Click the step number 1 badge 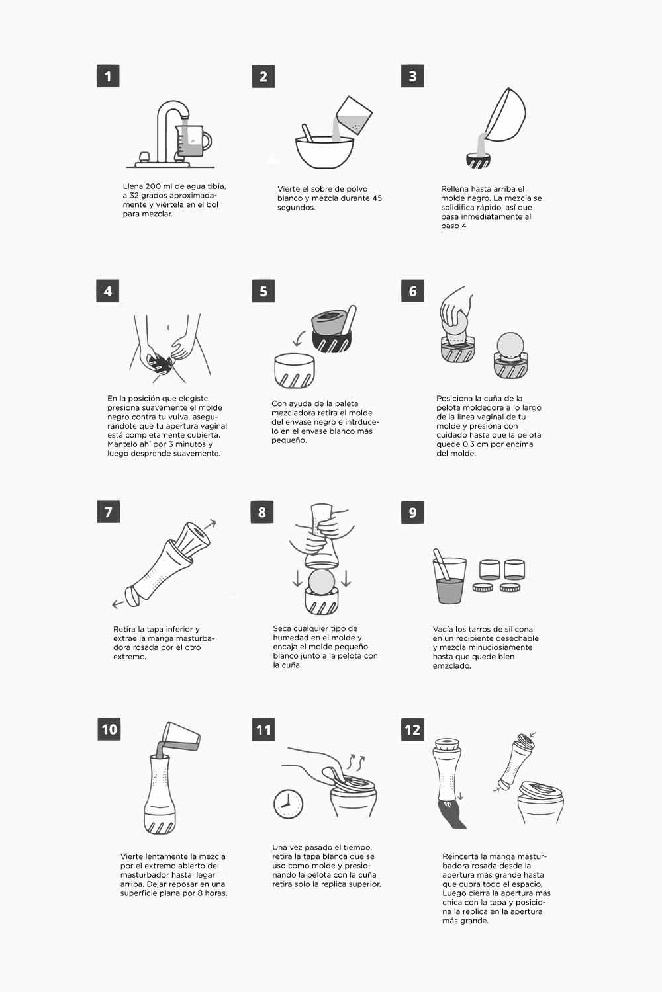click(x=108, y=76)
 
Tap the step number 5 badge click(x=263, y=291)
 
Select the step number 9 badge click(x=412, y=512)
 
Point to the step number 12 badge click(x=412, y=729)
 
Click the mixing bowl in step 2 click(x=324, y=152)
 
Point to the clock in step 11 click(x=288, y=804)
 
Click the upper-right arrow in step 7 click(x=210, y=524)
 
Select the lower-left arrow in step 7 click(x=118, y=604)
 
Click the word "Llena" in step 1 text click(x=133, y=186)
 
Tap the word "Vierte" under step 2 click(x=289, y=189)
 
